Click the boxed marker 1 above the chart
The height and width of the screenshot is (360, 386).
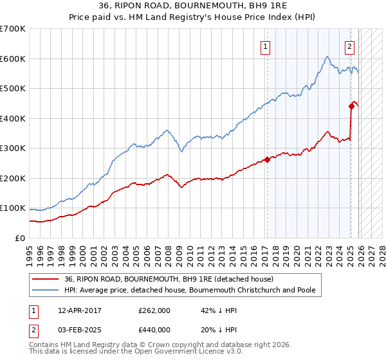pos(265,46)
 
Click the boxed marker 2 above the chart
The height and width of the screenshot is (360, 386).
pos(349,46)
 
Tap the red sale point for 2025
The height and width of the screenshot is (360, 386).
pos(351,106)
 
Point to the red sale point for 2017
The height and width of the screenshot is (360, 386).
pos(267,159)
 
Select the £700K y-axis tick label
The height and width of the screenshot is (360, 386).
pos(12,29)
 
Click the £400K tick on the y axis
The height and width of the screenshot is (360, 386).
pos(12,118)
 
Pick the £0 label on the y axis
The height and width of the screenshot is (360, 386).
pos(20,238)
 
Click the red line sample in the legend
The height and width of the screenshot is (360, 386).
pos(45,279)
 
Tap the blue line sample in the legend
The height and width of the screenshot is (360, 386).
pos(45,291)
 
